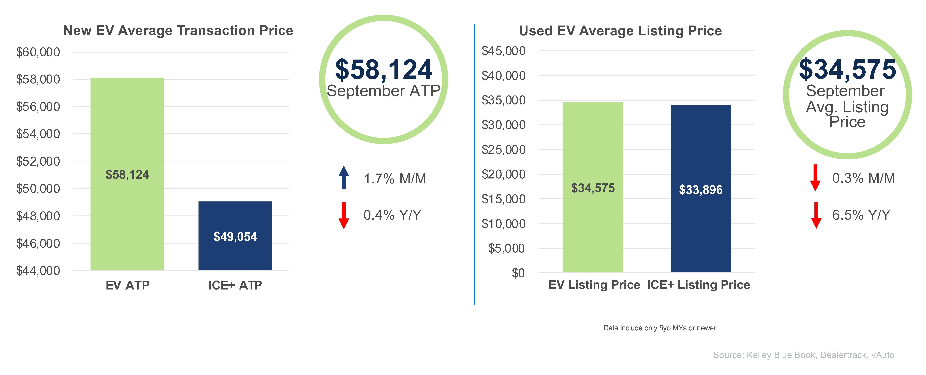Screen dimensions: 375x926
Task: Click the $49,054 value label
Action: (235, 237)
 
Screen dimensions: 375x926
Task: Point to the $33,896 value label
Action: (701, 190)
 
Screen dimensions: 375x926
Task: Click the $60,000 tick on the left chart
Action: (38, 52)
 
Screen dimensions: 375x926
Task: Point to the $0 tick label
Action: (518, 273)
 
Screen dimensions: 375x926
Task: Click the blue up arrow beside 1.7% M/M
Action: (344, 177)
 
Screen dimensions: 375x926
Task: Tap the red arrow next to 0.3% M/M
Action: (815, 178)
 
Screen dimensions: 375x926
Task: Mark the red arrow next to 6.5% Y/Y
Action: (816, 215)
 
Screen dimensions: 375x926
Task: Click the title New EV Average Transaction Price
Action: (178, 31)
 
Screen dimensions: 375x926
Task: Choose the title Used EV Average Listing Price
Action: (620, 31)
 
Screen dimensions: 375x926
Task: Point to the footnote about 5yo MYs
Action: (659, 328)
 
